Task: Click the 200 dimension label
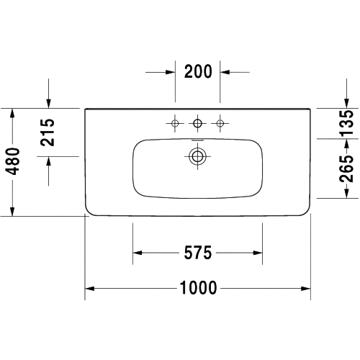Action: click(198, 71)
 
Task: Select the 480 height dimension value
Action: click(12, 161)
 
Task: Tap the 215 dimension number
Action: click(48, 132)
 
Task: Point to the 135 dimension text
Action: click(346, 122)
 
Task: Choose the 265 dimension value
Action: click(346, 168)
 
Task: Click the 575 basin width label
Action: click(198, 253)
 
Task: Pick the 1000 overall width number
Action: click(198, 287)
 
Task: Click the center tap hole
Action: click(197, 123)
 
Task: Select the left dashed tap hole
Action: click(175, 123)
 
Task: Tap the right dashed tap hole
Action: click(220, 123)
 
